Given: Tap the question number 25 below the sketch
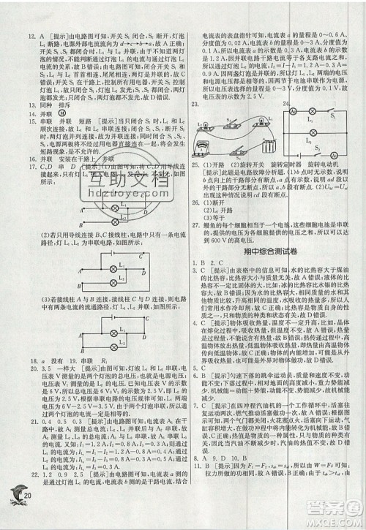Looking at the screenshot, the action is (194, 164).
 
